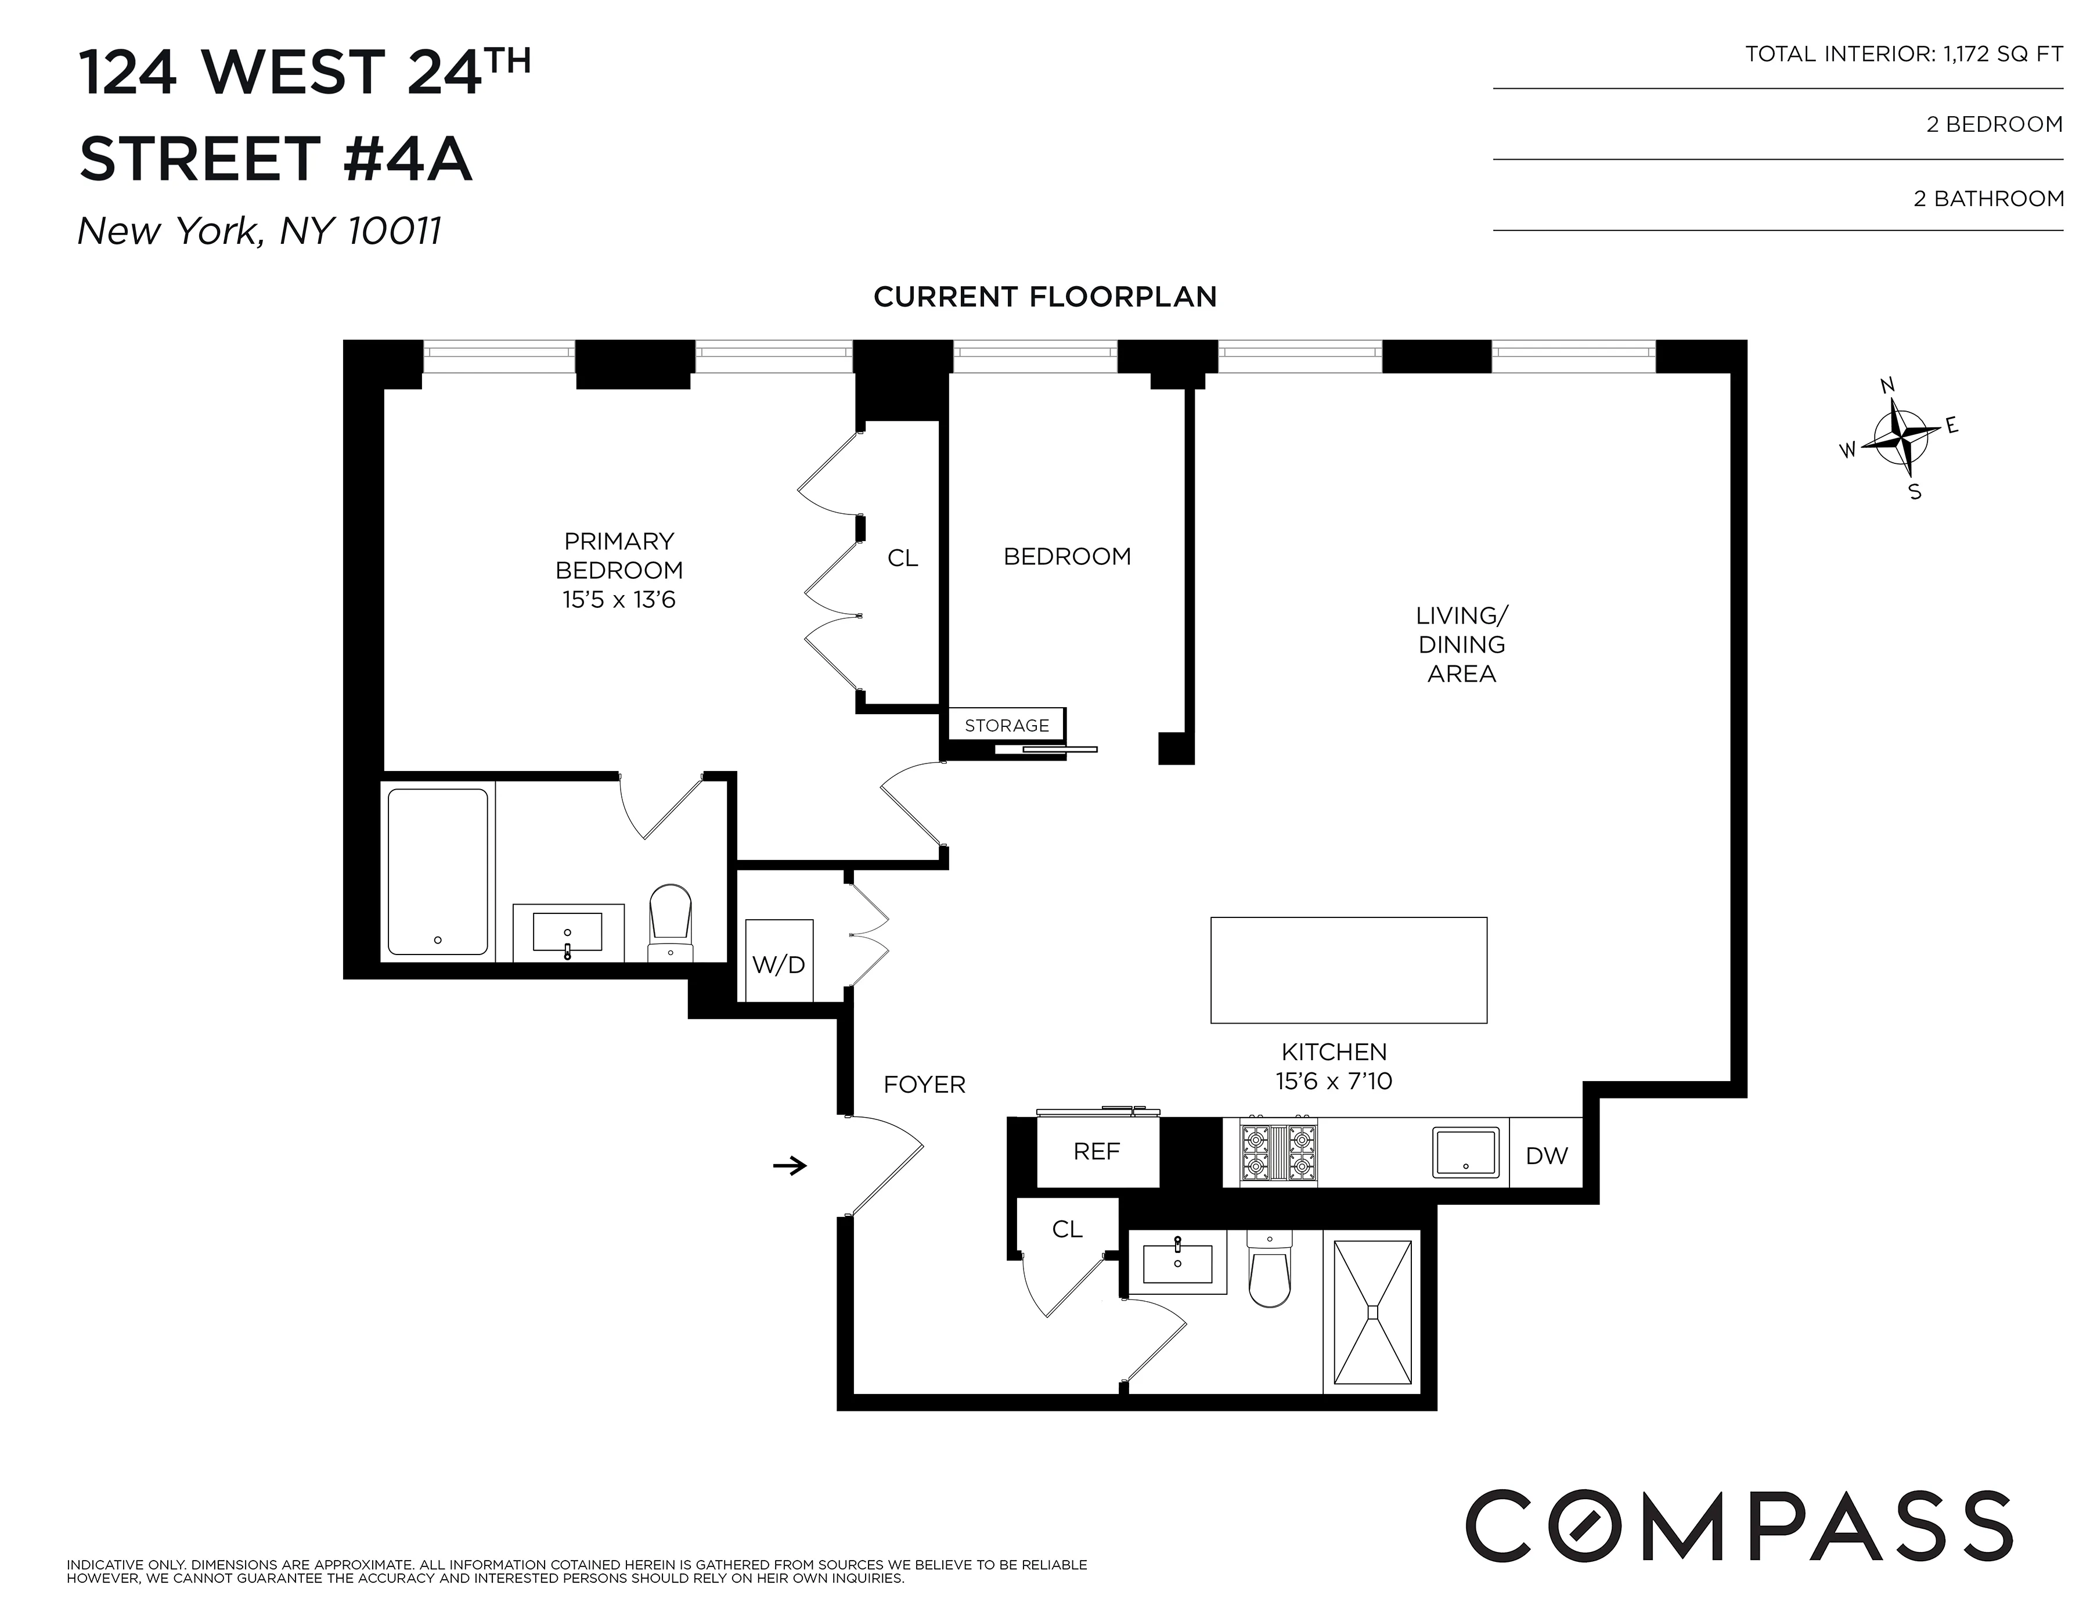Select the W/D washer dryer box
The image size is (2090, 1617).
[779, 961]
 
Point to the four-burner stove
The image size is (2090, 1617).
[1278, 1153]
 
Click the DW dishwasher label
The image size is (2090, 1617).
[1547, 1156]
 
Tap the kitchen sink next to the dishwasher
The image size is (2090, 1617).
[1465, 1152]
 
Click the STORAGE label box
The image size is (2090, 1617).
[1007, 725]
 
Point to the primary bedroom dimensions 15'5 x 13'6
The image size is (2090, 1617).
[619, 600]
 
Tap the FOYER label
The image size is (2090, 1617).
[924, 1084]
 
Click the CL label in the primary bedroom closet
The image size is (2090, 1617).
[902, 559]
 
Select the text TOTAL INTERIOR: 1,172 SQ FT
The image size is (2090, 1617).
[1904, 55]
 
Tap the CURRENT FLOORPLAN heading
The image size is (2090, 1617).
[1045, 297]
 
